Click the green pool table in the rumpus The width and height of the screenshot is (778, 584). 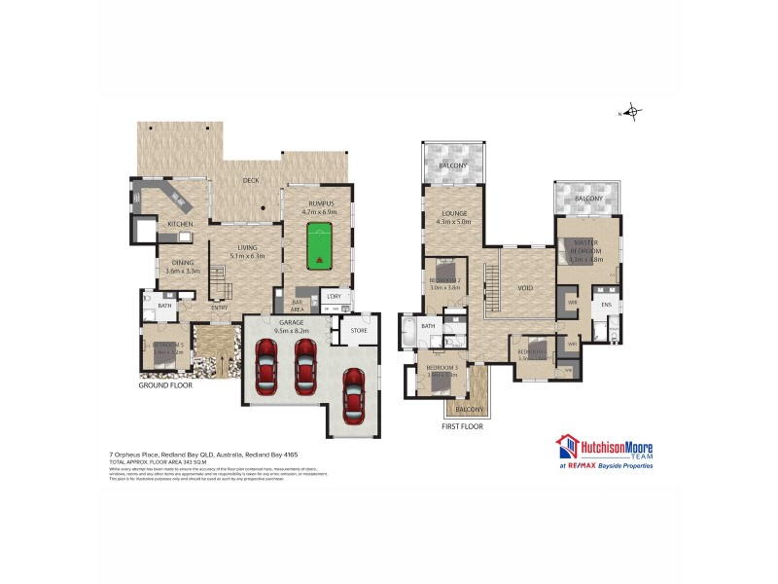[318, 247]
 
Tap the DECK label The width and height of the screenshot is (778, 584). [251, 180]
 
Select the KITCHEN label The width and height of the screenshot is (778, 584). [180, 224]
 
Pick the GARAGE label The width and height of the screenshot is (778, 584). [291, 322]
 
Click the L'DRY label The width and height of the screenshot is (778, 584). [333, 296]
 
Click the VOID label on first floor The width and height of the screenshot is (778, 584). [525, 288]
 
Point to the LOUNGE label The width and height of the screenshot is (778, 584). [454, 213]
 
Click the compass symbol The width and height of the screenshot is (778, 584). [633, 112]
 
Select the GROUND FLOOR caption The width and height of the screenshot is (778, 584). [165, 385]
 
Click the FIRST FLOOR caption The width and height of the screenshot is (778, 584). [462, 426]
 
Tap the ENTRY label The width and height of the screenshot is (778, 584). [219, 309]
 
